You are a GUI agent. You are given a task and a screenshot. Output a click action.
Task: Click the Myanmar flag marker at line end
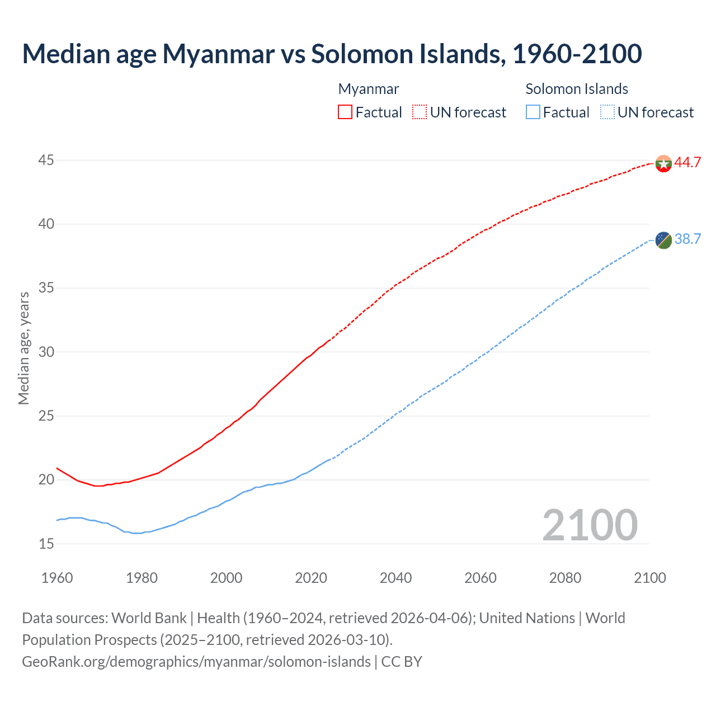[663, 163]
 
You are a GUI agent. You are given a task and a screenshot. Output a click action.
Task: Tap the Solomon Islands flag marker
[663, 240]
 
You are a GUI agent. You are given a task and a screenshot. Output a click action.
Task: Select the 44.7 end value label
[687, 163]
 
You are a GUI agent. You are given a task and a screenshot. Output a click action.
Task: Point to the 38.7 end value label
[687, 239]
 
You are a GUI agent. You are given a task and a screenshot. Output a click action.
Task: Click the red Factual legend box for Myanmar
[345, 112]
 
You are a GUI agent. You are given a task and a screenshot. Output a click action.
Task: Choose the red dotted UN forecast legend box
[420, 112]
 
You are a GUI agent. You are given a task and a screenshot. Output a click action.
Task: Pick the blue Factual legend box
[533, 112]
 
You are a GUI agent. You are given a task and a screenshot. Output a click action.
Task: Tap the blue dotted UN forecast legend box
[607, 112]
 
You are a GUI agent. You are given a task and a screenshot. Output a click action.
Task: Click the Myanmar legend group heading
[369, 89]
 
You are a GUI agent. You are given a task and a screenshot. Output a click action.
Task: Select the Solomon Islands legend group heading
[577, 89]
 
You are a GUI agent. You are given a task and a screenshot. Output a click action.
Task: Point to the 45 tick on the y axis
[46, 161]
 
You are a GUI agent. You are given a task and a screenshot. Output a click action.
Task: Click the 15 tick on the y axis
[46, 544]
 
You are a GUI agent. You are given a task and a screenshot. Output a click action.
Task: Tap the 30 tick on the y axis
[46, 352]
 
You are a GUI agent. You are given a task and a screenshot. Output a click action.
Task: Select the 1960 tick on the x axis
[57, 578]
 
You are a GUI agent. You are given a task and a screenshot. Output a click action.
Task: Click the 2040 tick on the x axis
[395, 578]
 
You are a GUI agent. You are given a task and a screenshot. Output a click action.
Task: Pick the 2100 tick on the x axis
[649, 578]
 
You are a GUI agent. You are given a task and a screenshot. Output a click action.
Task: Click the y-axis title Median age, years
[23, 348]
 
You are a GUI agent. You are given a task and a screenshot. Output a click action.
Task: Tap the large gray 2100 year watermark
[590, 525]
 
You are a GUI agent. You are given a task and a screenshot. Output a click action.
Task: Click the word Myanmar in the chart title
[218, 54]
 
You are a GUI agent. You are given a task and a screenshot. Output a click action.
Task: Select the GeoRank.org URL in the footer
[196, 662]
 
